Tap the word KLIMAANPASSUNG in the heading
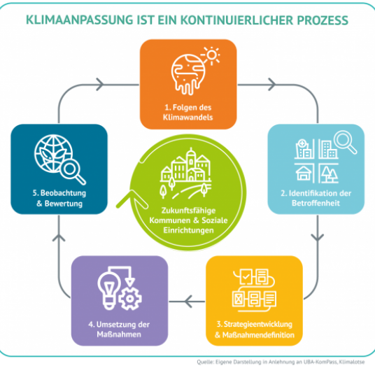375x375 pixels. [x=79, y=20]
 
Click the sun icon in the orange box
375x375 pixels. [x=211, y=55]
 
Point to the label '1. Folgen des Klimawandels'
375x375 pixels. [x=188, y=112]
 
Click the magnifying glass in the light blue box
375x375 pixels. [x=345, y=142]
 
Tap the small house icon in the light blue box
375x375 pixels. [x=304, y=173]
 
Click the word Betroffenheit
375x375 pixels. [x=316, y=203]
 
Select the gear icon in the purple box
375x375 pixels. [x=130, y=299]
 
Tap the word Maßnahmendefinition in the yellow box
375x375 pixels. [x=258, y=335]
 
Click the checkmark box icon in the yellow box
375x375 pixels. [x=246, y=276]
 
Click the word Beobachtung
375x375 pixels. [x=63, y=193]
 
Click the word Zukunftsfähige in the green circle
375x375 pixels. [x=188, y=211]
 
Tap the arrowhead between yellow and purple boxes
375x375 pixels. [x=189, y=302]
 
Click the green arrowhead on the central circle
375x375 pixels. [x=132, y=199]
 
